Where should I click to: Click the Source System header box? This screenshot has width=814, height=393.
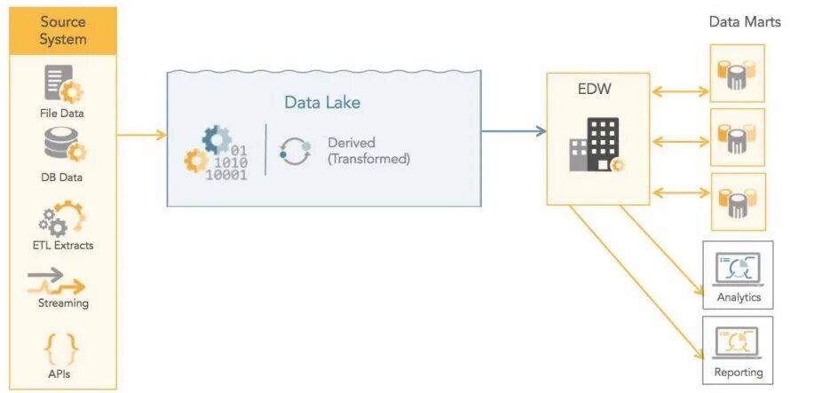(x=63, y=30)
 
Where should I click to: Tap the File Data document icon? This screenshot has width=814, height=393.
(x=63, y=83)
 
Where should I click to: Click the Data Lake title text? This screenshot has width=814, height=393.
(x=322, y=102)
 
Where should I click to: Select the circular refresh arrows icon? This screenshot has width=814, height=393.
(x=294, y=151)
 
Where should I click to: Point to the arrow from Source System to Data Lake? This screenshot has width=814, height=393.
(x=142, y=135)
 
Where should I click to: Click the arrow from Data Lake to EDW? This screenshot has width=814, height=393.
(x=513, y=131)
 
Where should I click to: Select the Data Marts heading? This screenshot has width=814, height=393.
(x=744, y=21)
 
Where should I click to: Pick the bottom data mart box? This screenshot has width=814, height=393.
(x=737, y=201)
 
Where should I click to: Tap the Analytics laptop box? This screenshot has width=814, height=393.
(x=738, y=274)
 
